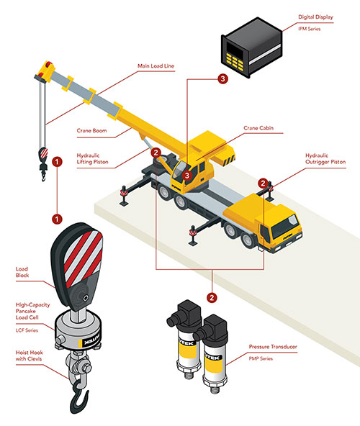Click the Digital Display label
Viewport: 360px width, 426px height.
coord(315,17)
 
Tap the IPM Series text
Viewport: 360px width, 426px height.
coord(309,29)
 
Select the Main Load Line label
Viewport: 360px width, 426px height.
coord(156,65)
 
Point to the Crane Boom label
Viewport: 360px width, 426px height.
coord(91,130)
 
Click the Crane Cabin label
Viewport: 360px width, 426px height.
coord(258,127)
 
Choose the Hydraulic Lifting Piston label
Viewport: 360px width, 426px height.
coord(92,158)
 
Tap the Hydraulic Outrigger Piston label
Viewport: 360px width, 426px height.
coord(325,158)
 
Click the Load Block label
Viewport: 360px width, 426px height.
coord(22,272)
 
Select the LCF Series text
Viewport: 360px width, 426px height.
coord(27,330)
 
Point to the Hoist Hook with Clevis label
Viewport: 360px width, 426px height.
coord(29,355)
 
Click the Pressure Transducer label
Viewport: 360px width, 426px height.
coord(273,347)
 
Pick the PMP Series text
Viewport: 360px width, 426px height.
coord(261,358)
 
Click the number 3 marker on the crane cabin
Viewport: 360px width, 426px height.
coord(187,176)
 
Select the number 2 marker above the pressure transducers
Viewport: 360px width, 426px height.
coord(212,297)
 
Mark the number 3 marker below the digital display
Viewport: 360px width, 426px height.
coord(222,78)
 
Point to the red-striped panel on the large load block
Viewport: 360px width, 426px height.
coord(83,258)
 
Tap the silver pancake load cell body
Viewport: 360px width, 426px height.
coord(78,330)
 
